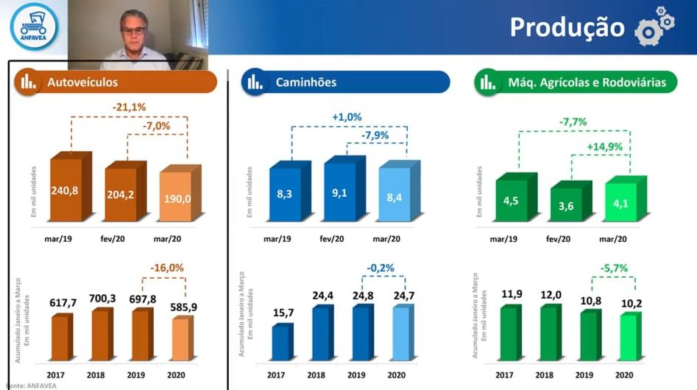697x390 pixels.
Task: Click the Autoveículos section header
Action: click(115, 82)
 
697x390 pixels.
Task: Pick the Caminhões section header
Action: click(345, 82)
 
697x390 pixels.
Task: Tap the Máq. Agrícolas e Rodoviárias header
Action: click(576, 82)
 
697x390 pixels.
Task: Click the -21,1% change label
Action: click(129, 107)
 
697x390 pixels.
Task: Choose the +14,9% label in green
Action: click(604, 147)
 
